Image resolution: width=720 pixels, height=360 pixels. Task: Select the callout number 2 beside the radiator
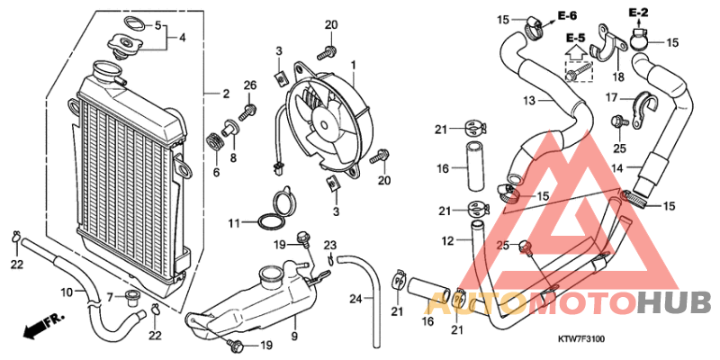point(226,93)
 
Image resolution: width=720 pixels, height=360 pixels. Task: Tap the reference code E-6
point(567,15)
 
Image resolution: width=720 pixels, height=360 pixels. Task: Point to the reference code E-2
point(638,12)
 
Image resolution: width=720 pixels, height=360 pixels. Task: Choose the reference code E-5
point(575,38)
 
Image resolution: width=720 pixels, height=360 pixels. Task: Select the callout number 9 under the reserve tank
point(293,337)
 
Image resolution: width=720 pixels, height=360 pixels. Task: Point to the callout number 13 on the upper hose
point(530,100)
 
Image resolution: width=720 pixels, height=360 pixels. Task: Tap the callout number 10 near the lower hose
point(66,292)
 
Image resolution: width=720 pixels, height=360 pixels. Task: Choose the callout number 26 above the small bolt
point(250,85)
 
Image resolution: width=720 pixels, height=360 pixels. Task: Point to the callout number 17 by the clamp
point(610,98)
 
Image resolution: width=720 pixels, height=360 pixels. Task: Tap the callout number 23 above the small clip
point(330,245)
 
